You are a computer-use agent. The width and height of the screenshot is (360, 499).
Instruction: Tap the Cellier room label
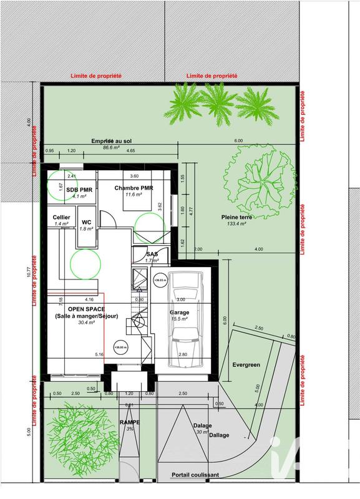coord(61,217)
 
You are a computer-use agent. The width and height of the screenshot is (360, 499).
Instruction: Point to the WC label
coord(87,222)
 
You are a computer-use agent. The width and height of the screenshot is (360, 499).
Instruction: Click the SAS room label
coord(152,254)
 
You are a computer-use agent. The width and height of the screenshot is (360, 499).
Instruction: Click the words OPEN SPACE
coord(86,309)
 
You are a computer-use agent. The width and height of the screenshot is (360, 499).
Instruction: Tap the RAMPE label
coord(130,422)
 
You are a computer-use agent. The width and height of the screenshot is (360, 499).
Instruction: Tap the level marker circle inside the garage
coord(160,281)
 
